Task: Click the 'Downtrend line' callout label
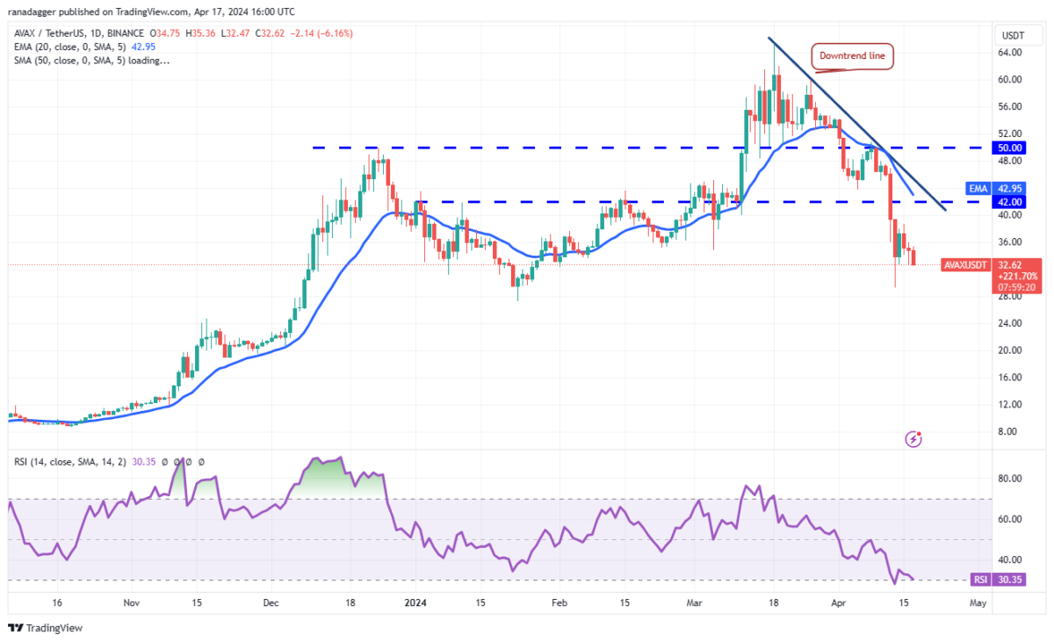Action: point(851,57)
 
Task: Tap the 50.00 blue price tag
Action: point(1007,148)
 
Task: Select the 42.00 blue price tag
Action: point(1007,201)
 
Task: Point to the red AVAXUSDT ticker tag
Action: point(965,263)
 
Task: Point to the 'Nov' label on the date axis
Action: point(131,603)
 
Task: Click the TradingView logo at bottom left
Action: point(45,628)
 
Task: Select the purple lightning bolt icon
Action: point(913,437)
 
